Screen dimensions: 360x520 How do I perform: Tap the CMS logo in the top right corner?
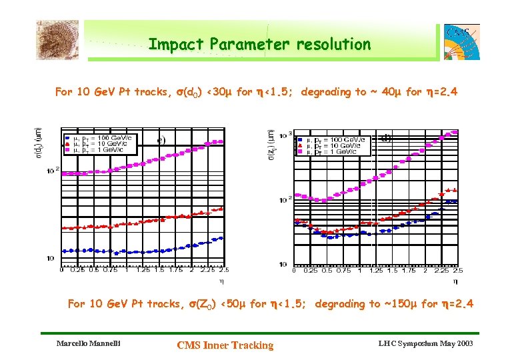[461, 42]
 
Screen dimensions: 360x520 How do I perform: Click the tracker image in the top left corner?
[57, 40]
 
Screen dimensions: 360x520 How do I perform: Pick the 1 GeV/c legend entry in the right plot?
[331, 152]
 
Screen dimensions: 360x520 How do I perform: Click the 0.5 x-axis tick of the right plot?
[327, 270]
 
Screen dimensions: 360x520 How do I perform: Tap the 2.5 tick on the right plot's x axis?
[457, 270]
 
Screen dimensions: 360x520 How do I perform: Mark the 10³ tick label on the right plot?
[283, 135]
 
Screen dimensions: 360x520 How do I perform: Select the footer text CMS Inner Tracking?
[225, 345]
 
